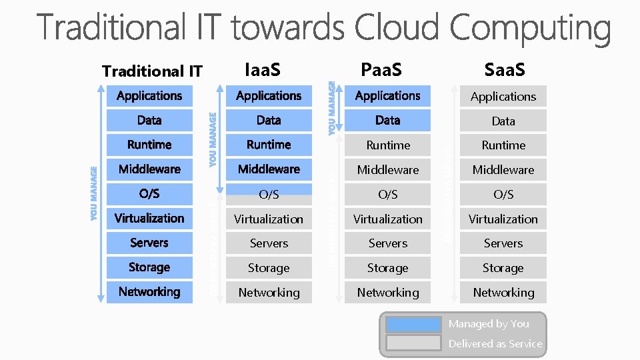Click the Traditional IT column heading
[x=152, y=71]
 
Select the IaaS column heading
[x=263, y=69]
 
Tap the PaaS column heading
[x=381, y=69]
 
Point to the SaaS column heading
[x=505, y=69]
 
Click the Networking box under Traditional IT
[x=149, y=291]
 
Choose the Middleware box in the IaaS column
[x=269, y=169]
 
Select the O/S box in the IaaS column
[x=269, y=194]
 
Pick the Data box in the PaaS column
[x=387, y=120]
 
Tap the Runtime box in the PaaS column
[x=387, y=145]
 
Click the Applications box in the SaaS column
[x=503, y=96]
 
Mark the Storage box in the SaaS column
[x=503, y=267]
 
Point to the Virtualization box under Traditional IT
[x=149, y=218]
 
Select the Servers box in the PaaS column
[x=387, y=243]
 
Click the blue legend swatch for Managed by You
[x=413, y=325]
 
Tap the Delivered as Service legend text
[x=495, y=343]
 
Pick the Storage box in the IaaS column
[x=269, y=267]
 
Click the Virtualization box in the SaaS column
[x=503, y=219]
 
